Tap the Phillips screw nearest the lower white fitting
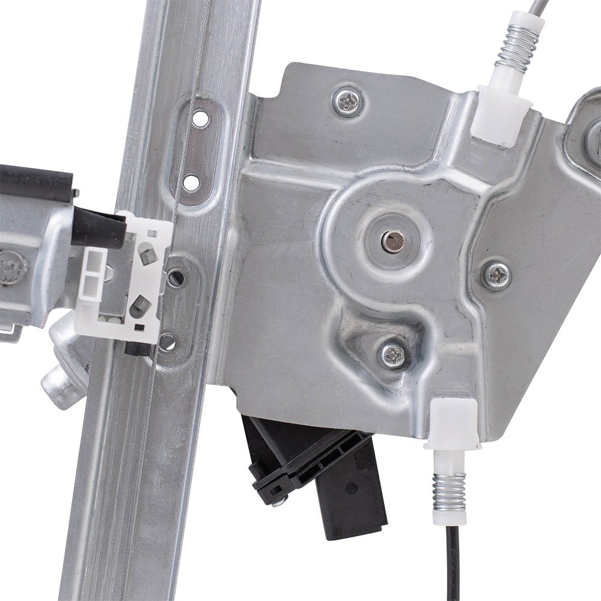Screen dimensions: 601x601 (x=393, y=355)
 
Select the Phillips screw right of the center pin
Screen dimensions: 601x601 (x=497, y=275)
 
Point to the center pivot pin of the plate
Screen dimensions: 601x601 (x=393, y=241)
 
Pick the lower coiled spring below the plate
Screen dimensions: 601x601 (x=449, y=491)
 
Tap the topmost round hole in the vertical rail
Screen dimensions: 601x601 (x=200, y=118)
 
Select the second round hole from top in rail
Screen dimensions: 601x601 (x=191, y=182)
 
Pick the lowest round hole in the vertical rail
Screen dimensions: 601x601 (x=168, y=343)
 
